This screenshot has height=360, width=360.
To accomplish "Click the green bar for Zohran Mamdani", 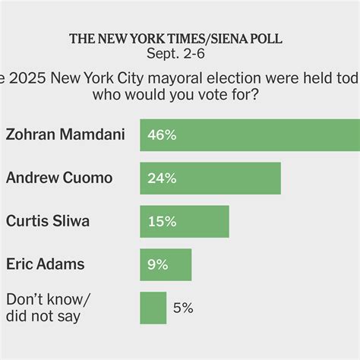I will click(251, 135).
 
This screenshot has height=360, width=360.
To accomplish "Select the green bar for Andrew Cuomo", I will click(210, 178).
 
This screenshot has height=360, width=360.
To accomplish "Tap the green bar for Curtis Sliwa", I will click(185, 221).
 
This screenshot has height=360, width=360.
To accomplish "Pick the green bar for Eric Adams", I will click(166, 264).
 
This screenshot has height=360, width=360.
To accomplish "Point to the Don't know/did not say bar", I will click(153, 308).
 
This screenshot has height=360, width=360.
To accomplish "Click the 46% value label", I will click(162, 135).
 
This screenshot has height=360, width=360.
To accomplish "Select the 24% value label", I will click(162, 178).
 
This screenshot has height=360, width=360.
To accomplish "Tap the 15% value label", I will click(161, 221).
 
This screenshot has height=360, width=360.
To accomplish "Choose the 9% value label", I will click(158, 264).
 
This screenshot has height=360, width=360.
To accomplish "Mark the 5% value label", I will click(183, 308).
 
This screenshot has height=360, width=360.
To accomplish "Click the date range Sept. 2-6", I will click(180, 54).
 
